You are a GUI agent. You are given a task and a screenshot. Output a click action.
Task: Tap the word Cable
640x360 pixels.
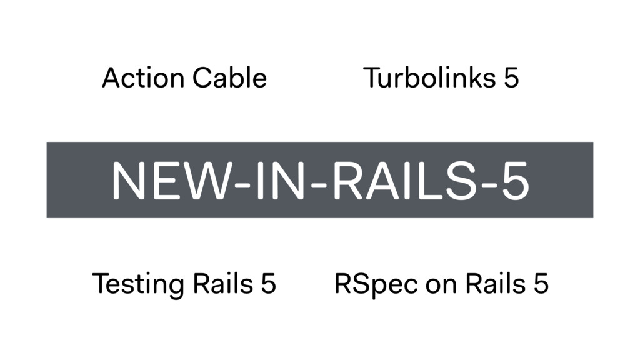229,79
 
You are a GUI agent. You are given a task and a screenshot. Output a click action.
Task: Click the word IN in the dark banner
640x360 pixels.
271,181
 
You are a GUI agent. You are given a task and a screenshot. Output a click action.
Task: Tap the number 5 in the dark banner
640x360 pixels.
514,181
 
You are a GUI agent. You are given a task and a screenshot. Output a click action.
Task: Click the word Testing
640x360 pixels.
138,284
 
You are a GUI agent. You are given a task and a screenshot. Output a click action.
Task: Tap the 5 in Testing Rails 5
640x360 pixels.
267,284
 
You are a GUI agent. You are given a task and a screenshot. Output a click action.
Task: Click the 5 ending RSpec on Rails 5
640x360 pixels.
541,284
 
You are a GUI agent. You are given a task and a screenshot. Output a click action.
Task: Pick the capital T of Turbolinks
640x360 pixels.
371,79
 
